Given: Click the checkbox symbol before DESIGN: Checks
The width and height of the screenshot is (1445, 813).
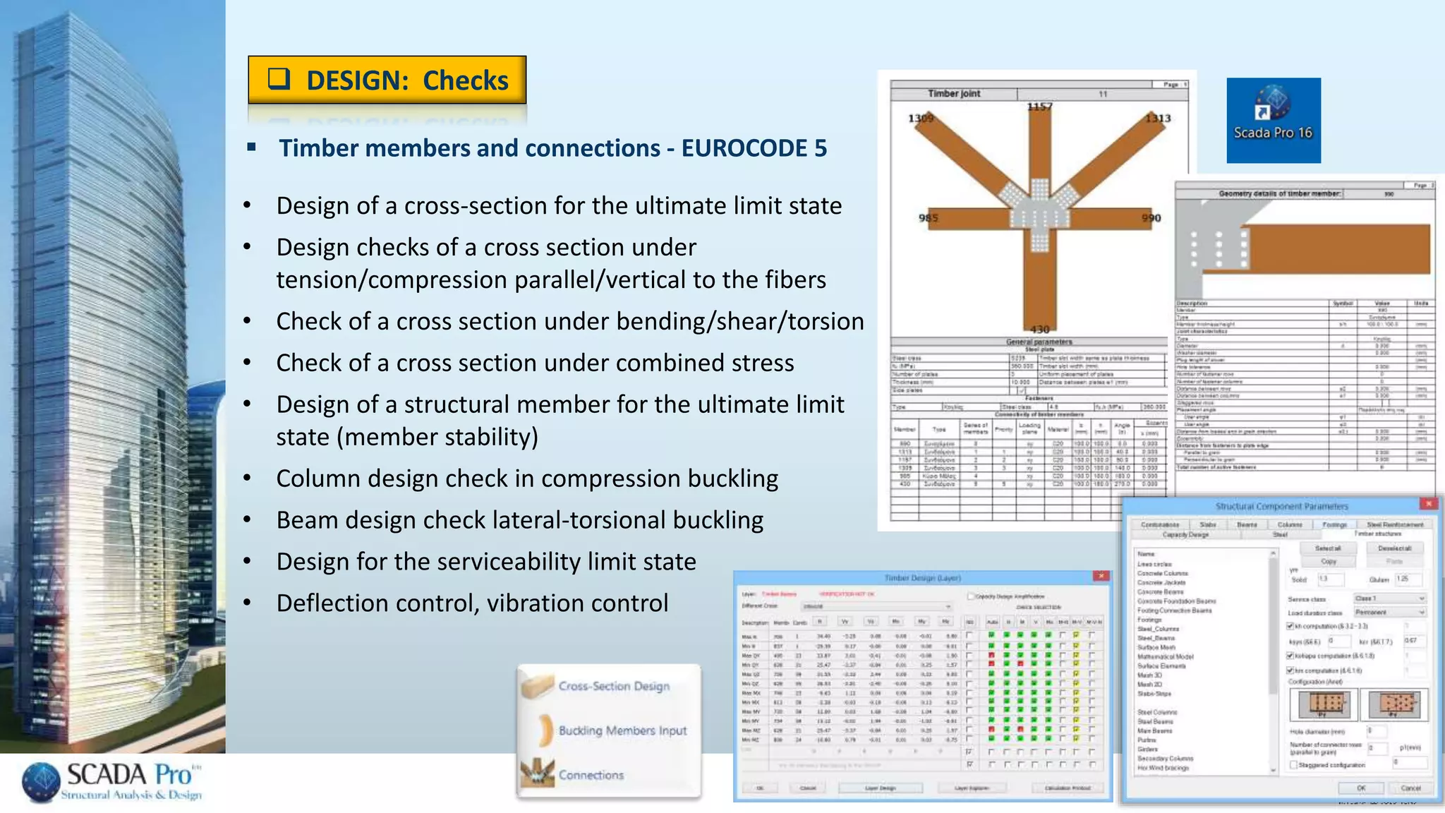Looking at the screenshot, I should (x=279, y=79).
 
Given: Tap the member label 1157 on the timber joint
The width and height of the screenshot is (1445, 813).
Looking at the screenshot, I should (x=1039, y=107).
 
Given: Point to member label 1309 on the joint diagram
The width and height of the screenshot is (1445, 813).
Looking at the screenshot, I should (x=921, y=119).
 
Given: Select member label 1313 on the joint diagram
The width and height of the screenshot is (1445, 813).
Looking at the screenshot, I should (x=1158, y=119).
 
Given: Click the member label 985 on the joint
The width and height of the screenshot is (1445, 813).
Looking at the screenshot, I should (x=929, y=218).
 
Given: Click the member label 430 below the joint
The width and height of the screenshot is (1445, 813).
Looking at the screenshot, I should (x=1039, y=330).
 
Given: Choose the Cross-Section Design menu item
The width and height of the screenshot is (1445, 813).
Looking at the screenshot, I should (x=613, y=686).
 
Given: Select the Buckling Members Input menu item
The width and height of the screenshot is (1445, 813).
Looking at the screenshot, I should (x=622, y=730).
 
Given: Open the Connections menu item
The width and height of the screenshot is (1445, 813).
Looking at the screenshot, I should (x=591, y=775).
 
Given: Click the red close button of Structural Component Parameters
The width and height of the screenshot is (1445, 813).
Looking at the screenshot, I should (x=1428, y=504).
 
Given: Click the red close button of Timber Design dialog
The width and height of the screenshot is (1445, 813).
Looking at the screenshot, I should (x=1101, y=577).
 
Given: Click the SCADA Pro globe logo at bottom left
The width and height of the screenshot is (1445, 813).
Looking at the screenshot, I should (x=41, y=782).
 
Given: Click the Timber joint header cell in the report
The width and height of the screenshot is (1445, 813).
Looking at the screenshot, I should (x=953, y=94).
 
